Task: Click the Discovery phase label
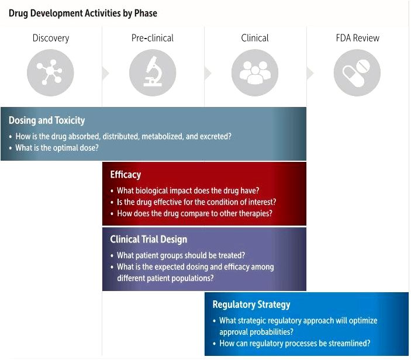51,38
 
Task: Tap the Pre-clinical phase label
152,38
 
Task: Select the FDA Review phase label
358,38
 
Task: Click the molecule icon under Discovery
50,72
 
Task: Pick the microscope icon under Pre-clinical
153,72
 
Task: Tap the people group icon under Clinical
255,72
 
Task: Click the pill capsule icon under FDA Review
357,72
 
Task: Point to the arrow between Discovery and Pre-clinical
106,73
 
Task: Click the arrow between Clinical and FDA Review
310,73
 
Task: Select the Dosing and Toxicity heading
47,120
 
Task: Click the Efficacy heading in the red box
126,175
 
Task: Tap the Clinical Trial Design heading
148,239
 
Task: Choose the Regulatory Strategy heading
251,304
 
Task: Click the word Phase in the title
146,13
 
